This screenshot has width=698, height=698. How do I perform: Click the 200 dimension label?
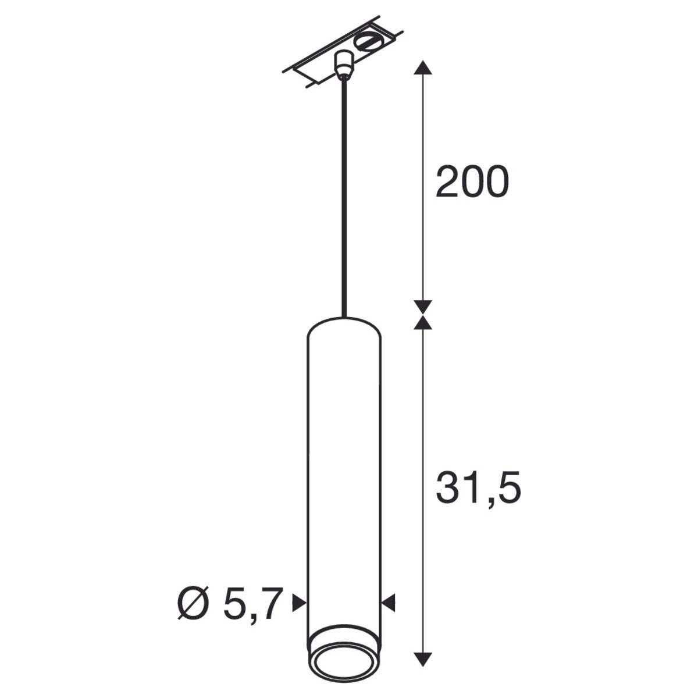[x=472, y=181]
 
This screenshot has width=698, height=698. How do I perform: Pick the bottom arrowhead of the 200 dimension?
[x=423, y=306]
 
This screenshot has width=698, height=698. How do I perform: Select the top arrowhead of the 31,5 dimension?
[x=423, y=322]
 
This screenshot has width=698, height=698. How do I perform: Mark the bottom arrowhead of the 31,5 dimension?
[x=423, y=659]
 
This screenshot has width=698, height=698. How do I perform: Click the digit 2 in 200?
[x=448, y=181]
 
